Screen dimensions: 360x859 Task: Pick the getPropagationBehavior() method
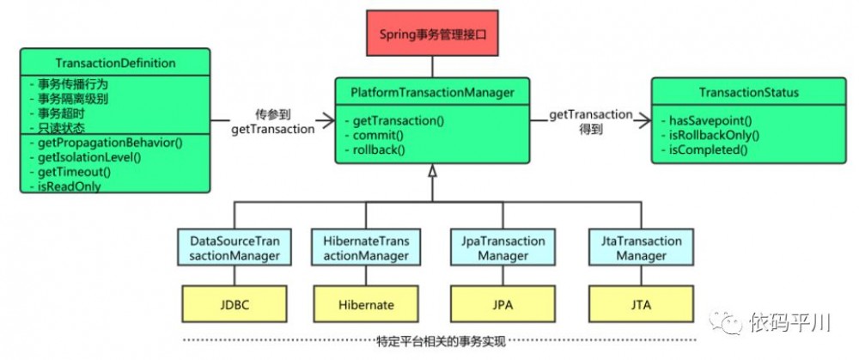click(x=107, y=141)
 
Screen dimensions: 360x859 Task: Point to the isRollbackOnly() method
click(x=714, y=135)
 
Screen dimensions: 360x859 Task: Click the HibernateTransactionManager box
click(x=362, y=248)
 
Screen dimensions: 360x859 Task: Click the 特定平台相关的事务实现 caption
click(x=432, y=341)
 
